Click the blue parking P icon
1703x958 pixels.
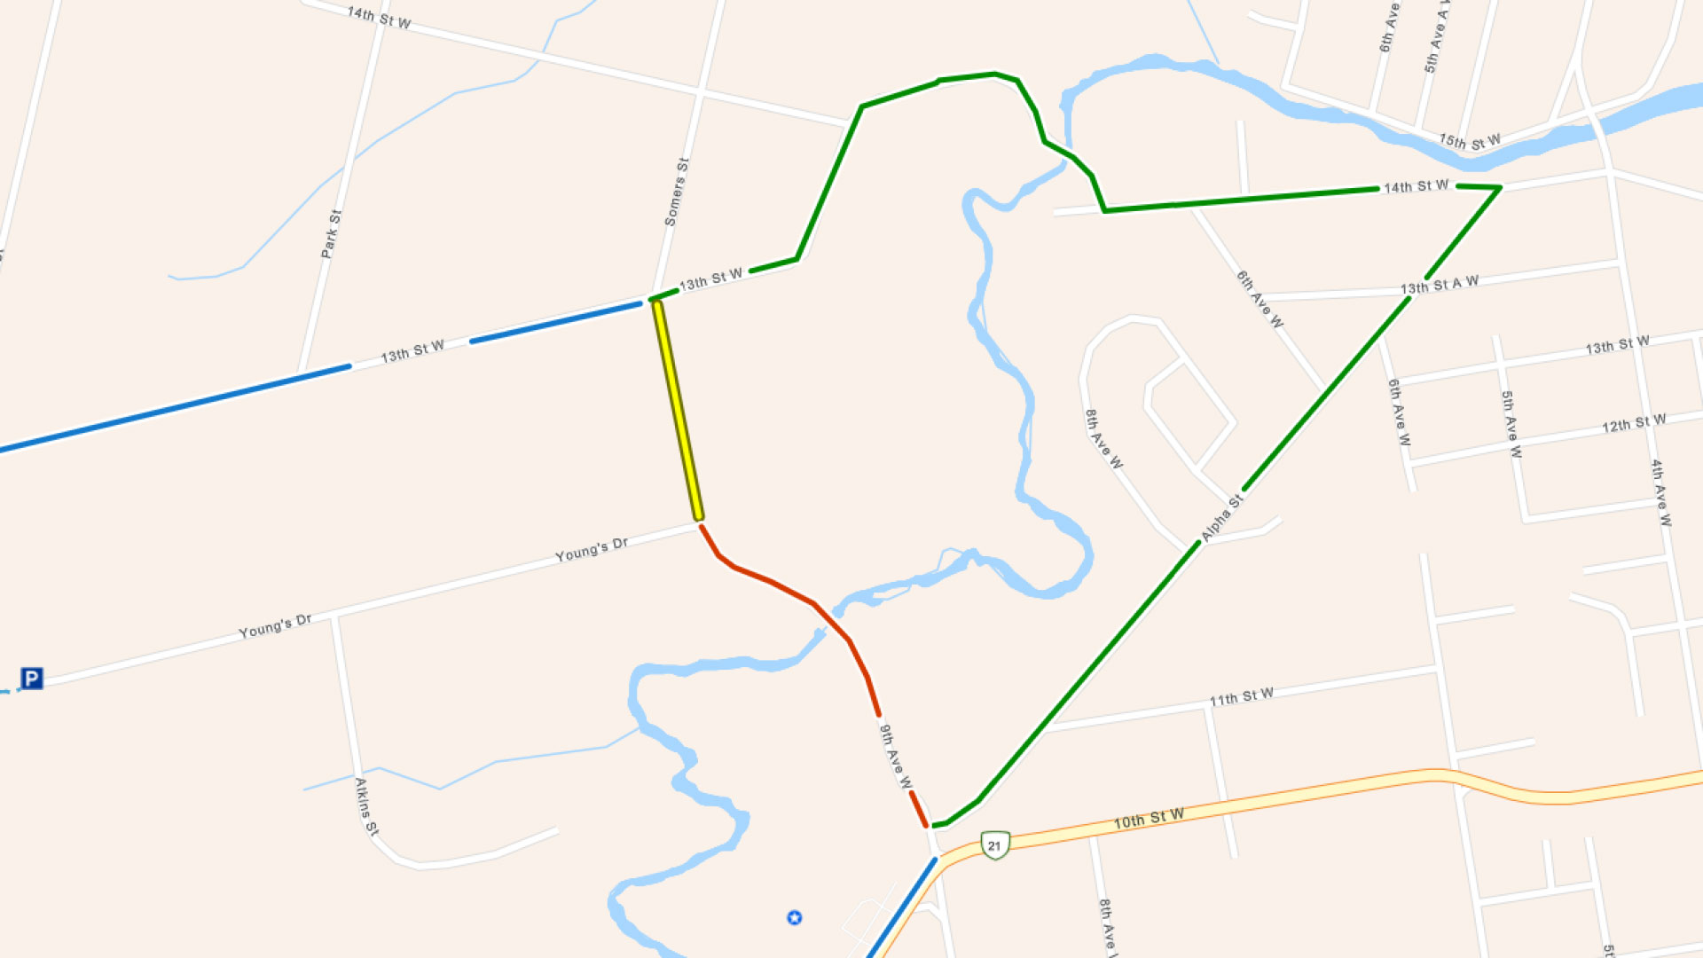point(32,679)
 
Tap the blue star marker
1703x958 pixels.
point(795,917)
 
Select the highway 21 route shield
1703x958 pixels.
point(995,844)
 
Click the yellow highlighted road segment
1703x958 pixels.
point(678,411)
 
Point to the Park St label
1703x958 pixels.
point(331,234)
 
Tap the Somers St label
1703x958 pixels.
point(677,192)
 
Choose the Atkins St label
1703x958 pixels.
point(366,806)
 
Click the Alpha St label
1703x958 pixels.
point(1222,518)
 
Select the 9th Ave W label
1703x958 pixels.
point(895,756)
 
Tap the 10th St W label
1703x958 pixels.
point(1149,819)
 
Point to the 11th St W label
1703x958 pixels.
point(1242,697)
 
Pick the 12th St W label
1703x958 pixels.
point(1634,423)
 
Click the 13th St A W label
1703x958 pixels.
point(1440,285)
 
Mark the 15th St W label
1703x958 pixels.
point(1470,141)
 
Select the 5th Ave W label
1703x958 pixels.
point(1511,424)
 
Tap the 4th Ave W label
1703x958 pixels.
point(1660,493)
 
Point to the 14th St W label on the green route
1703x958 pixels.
point(1417,186)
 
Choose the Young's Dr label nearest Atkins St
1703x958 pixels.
point(275,626)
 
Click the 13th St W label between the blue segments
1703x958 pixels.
point(412,351)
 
